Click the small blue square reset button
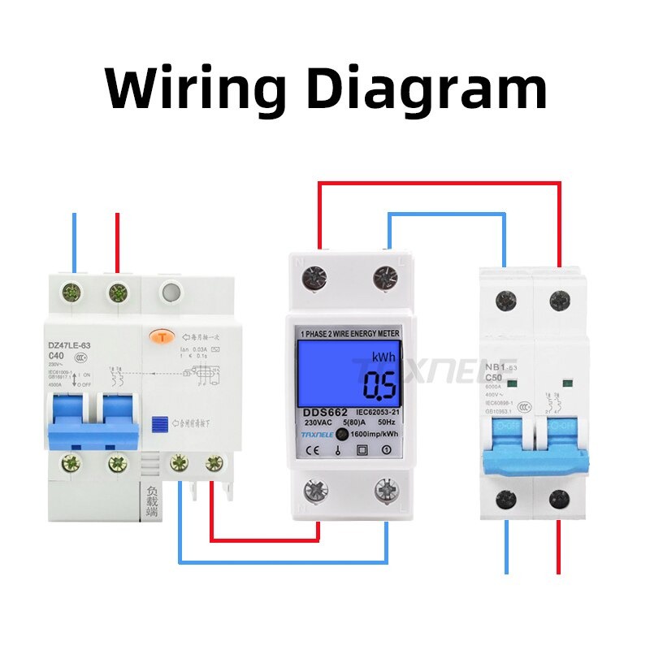coord(159,422)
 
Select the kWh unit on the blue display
coord(384,357)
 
